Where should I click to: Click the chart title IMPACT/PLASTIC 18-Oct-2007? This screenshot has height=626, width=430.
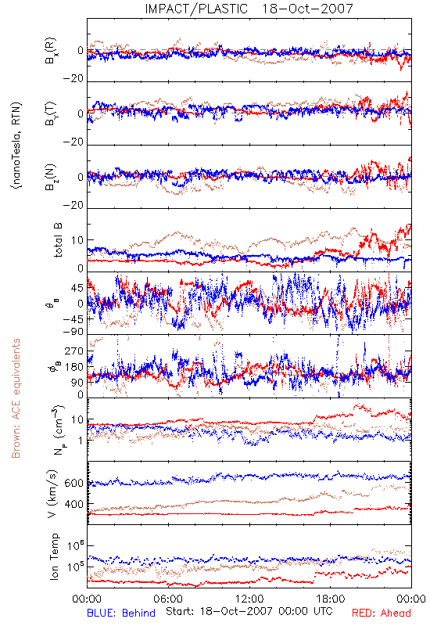point(249,9)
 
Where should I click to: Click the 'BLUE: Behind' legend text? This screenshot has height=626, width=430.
point(121,613)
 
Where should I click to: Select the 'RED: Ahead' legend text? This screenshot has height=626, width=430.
point(381,613)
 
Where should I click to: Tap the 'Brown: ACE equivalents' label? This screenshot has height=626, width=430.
point(16,398)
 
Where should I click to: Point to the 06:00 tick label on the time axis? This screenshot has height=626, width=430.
point(168,599)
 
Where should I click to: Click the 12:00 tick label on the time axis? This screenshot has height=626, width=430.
point(249,599)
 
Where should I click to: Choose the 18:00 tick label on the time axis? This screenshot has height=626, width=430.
point(331,599)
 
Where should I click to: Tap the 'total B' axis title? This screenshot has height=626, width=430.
point(57,240)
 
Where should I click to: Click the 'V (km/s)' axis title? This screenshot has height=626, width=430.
point(52,495)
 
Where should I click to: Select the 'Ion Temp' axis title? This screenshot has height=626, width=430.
point(54,556)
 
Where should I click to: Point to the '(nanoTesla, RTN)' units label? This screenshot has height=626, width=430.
point(17,146)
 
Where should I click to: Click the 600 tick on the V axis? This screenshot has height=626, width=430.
point(74,483)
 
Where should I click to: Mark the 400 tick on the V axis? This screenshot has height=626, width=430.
point(74,504)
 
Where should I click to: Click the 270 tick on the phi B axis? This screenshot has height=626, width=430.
point(74,351)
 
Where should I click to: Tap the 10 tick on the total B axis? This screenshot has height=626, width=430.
point(77,240)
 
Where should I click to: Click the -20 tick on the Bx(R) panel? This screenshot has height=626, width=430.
point(73,79)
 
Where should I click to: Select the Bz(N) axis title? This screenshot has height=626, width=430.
point(51,177)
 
